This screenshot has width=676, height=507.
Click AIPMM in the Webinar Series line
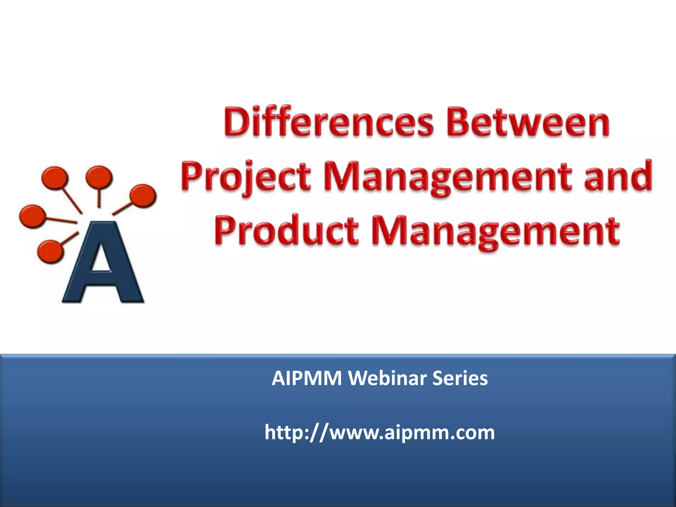tap(307, 379)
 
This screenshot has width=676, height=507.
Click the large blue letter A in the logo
tap(102, 264)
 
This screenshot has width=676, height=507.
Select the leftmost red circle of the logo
tap(32, 216)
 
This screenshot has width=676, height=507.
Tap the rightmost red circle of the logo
tap(142, 195)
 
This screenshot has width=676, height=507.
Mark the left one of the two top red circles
tap(55, 178)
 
